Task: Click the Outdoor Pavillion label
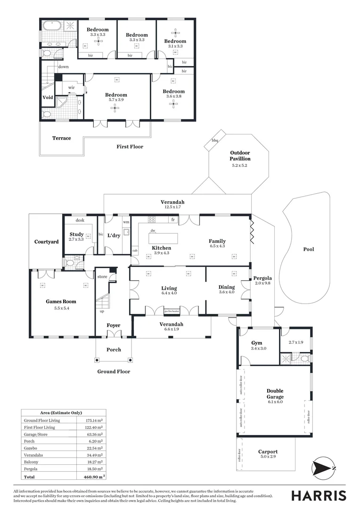click(x=240, y=156)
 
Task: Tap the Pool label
click(x=308, y=249)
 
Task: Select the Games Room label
click(x=61, y=302)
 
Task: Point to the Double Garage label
click(x=275, y=394)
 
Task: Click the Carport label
click(x=268, y=452)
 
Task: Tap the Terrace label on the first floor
click(x=61, y=138)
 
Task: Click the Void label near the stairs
click(x=48, y=98)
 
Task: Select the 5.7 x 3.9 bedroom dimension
click(x=116, y=100)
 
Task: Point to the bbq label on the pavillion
click(x=215, y=140)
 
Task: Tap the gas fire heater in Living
click(x=172, y=311)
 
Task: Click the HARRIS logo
click(x=319, y=495)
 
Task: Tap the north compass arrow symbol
click(x=323, y=468)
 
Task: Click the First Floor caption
click(x=130, y=147)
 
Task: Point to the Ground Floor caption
click(x=114, y=371)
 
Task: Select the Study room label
click(x=76, y=234)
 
